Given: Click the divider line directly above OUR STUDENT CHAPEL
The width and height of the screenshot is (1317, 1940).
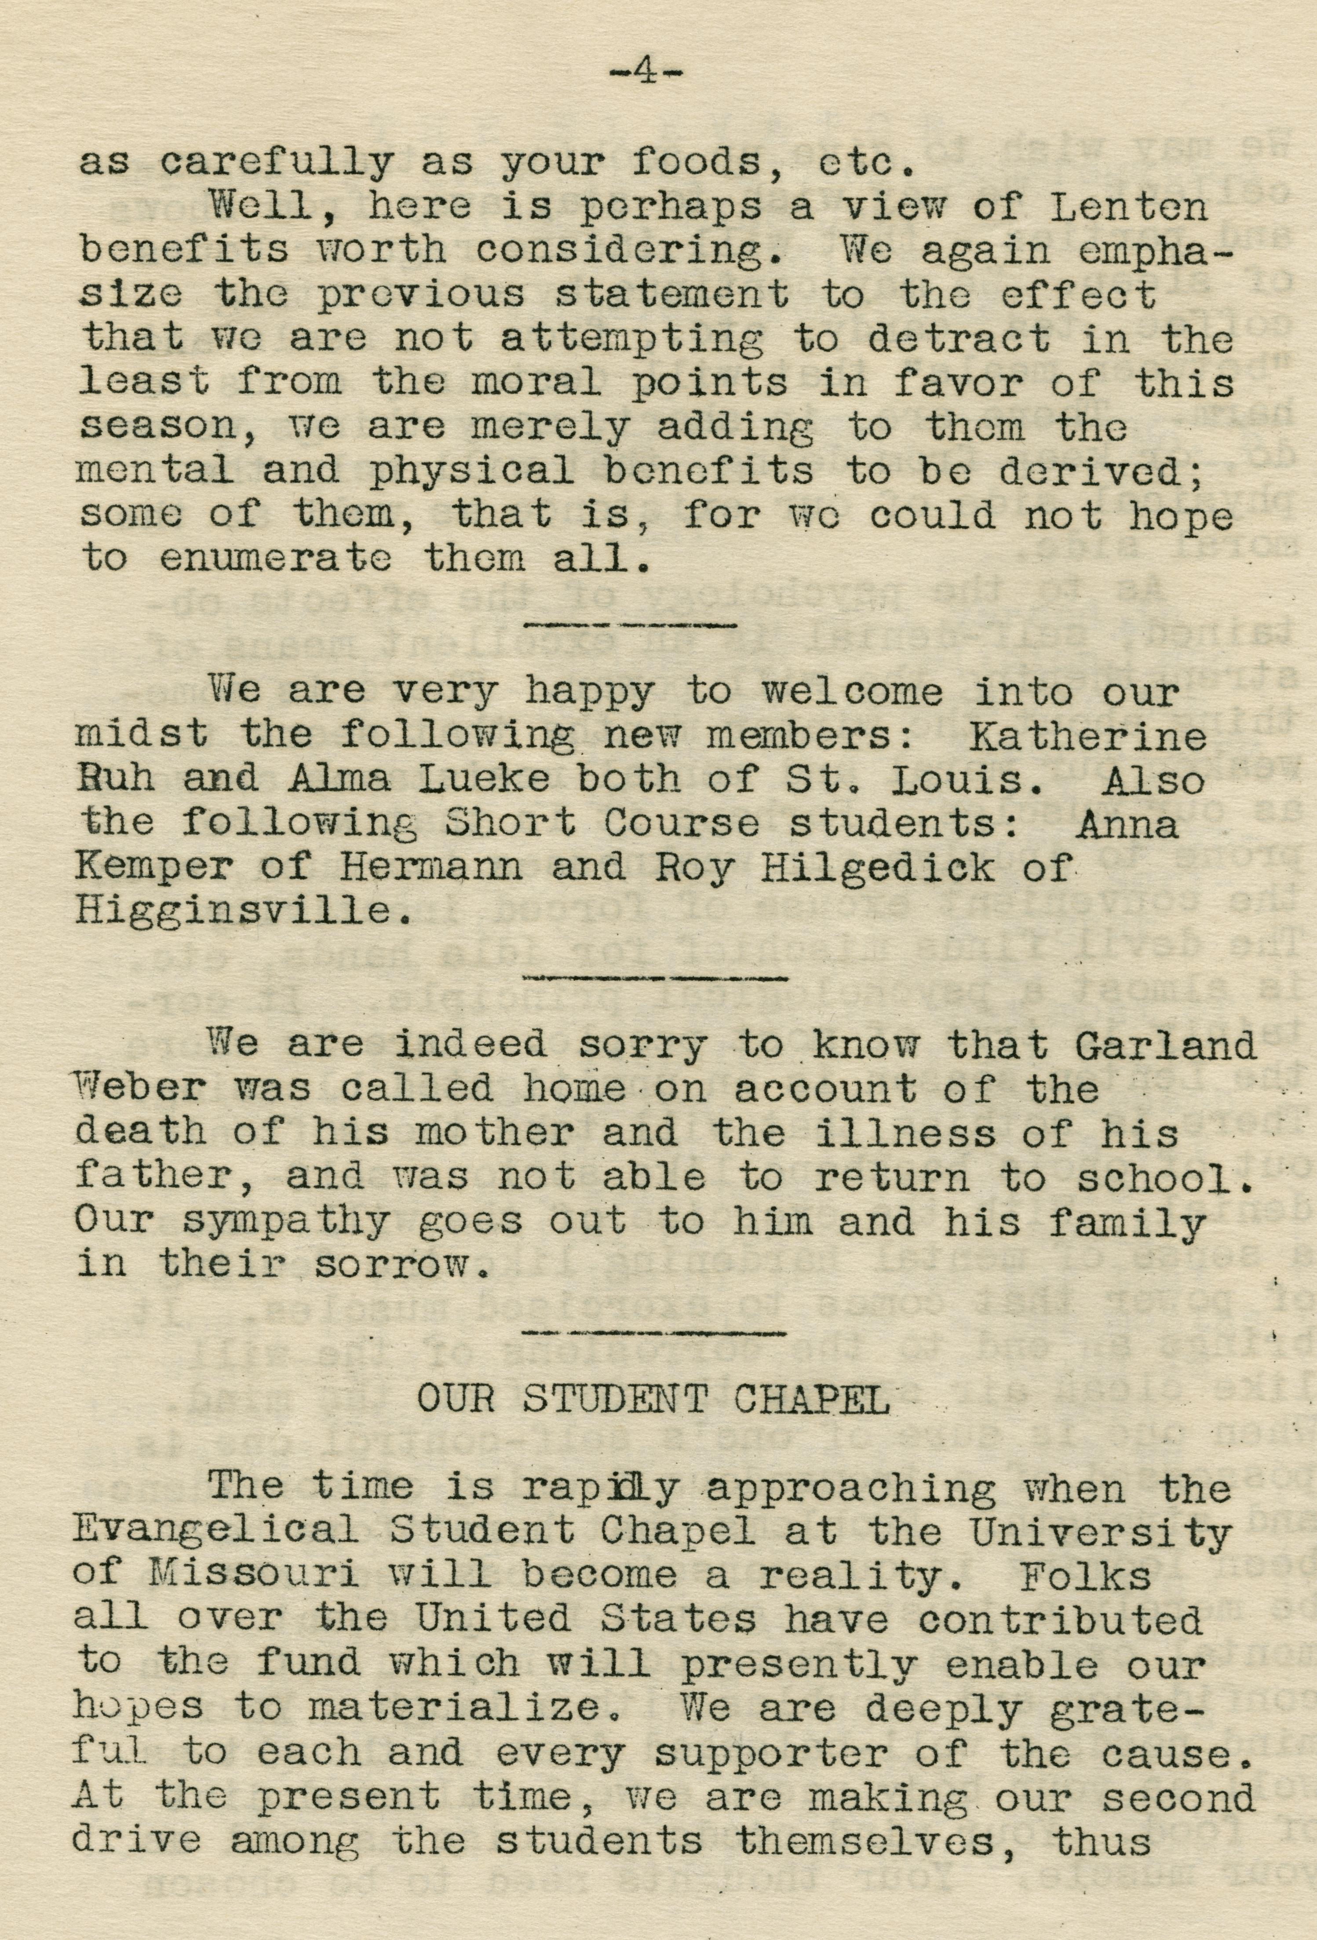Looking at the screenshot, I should point(655,1330).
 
